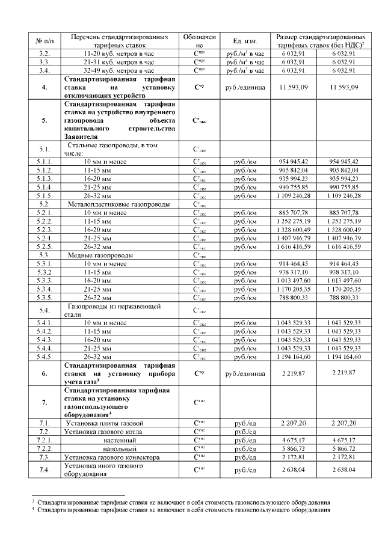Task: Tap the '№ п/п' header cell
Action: pyautogui.click(x=45, y=41)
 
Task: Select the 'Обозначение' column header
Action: pyautogui.click(x=200, y=41)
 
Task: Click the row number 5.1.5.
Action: pyautogui.click(x=45, y=195)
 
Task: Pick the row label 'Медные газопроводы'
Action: pyautogui.click(x=101, y=255)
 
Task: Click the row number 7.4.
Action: pyautogui.click(x=45, y=469)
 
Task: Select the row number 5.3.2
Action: pyautogui.click(x=45, y=272)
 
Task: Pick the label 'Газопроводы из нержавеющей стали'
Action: pyautogui.click(x=114, y=310)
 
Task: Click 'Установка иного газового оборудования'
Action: pyautogui.click(x=103, y=469)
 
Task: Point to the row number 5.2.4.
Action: pyautogui.click(x=45, y=238)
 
